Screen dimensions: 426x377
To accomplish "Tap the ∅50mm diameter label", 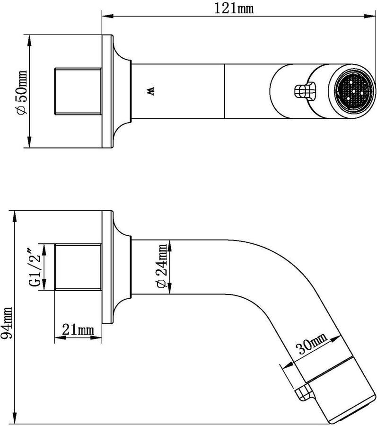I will click(21, 91).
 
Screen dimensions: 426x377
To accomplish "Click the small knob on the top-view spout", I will click(303, 90).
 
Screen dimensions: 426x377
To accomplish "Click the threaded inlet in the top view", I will click(78, 90).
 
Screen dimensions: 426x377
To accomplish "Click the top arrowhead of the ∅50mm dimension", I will click(29, 38).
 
